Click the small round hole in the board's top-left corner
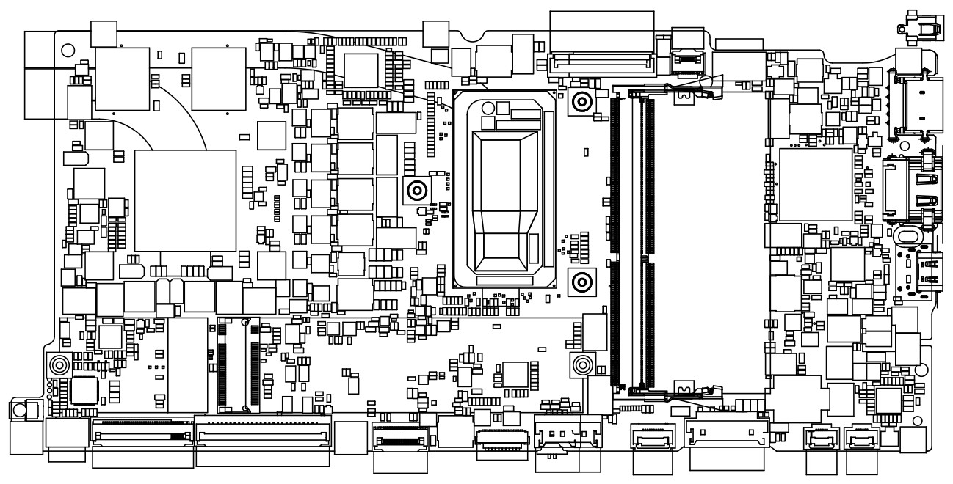[67, 51]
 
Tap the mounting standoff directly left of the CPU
[416, 191]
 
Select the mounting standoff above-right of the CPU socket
[581, 102]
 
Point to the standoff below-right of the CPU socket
[581, 281]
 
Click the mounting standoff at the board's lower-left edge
[59, 364]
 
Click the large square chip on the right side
[815, 185]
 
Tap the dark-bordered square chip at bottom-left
[84, 390]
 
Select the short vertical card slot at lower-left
[238, 364]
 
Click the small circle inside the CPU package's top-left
[486, 106]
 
